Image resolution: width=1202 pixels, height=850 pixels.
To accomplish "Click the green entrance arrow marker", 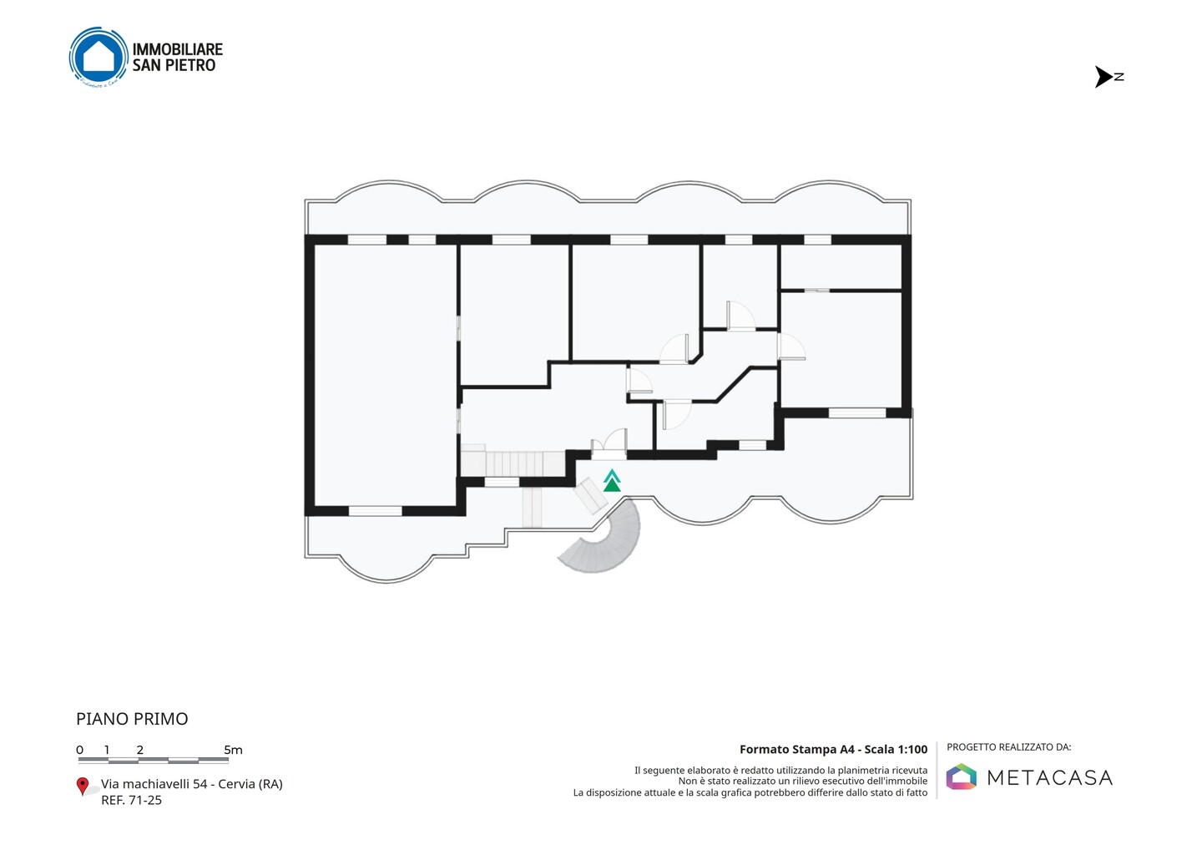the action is click(612, 481).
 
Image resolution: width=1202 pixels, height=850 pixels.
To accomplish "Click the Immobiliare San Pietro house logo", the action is click(98, 57).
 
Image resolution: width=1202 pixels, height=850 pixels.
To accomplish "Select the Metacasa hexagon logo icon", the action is click(961, 777).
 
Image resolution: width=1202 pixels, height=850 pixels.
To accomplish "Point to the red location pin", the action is click(82, 787).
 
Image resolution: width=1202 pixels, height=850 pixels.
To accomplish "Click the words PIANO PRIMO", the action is click(132, 719).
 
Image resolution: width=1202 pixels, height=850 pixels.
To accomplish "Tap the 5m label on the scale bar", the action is click(233, 750).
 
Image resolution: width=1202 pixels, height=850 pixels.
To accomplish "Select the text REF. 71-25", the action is click(132, 800).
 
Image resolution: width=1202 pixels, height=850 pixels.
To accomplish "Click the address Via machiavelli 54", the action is click(154, 784).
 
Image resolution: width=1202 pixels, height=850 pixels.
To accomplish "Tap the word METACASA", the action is click(1049, 777).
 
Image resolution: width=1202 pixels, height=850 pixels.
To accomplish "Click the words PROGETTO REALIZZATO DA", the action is click(1009, 747).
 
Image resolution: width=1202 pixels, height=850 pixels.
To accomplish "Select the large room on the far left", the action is click(385, 375).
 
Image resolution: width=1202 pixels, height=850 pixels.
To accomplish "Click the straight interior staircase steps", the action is click(513, 463).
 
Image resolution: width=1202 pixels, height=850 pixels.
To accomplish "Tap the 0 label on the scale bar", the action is click(80, 750).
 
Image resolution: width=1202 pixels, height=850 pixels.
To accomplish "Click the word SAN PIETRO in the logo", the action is click(174, 65).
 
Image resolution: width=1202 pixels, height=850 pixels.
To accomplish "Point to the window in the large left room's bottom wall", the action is click(375, 511).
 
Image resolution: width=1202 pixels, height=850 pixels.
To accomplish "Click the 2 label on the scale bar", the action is click(140, 750).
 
